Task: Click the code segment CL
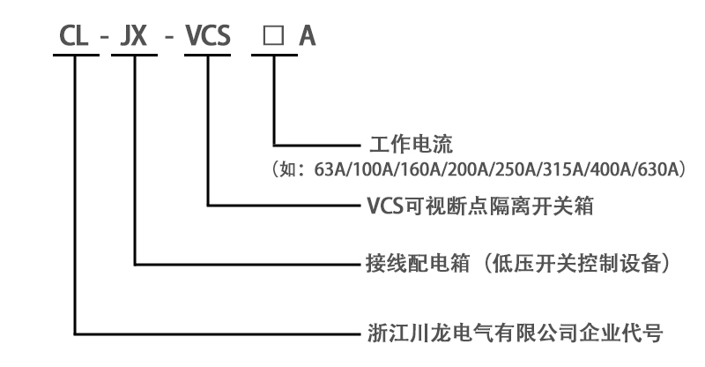(x=75, y=37)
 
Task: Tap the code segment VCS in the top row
(x=207, y=37)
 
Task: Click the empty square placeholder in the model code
(x=273, y=38)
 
